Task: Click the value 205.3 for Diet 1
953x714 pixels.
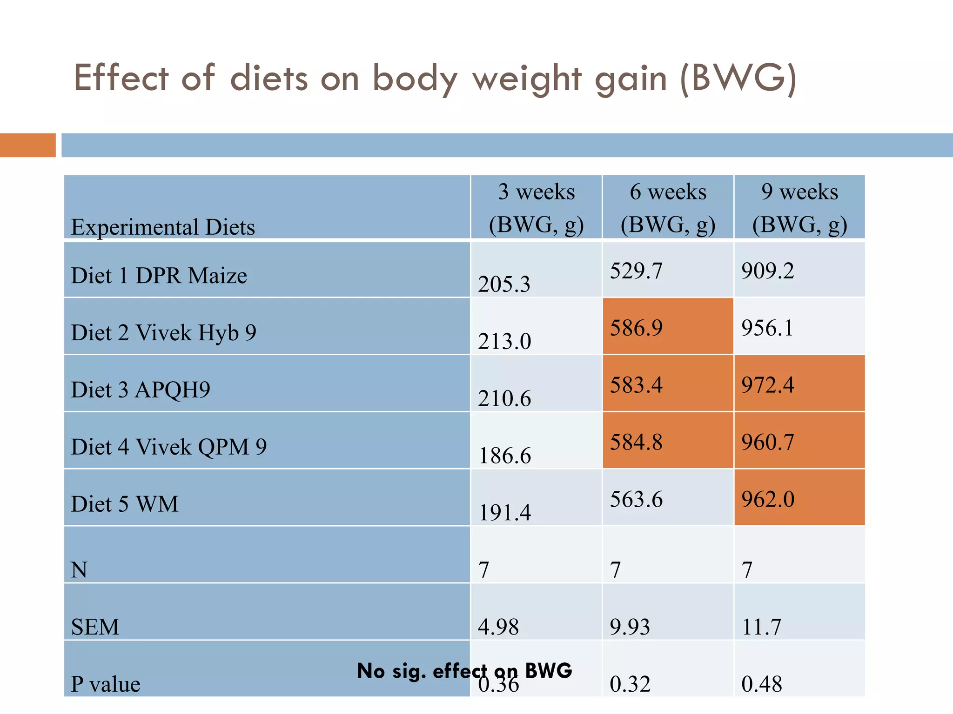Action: pyautogui.click(x=504, y=284)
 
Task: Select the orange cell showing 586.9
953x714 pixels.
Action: pyautogui.click(x=636, y=328)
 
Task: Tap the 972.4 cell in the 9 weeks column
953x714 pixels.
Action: pyautogui.click(x=768, y=385)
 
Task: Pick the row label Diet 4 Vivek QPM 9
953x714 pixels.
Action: pyautogui.click(x=169, y=447)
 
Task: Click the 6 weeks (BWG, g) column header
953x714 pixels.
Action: pyautogui.click(x=668, y=208)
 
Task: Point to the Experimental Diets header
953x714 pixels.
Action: pyautogui.click(x=163, y=227)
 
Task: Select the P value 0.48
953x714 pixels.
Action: pyautogui.click(x=762, y=684)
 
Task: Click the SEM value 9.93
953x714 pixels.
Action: pyautogui.click(x=630, y=627)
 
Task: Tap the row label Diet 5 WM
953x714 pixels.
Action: pyautogui.click(x=125, y=504)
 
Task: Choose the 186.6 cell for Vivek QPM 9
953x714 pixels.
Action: pyautogui.click(x=505, y=456)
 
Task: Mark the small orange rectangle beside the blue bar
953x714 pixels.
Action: pyautogui.click(x=27, y=145)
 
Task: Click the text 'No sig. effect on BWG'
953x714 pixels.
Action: pyautogui.click(x=464, y=670)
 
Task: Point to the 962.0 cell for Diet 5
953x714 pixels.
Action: pyautogui.click(x=768, y=499)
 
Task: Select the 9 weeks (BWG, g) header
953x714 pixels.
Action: pyautogui.click(x=799, y=208)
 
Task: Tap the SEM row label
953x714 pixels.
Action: pyautogui.click(x=95, y=627)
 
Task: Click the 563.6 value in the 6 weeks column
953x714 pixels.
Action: pyautogui.click(x=636, y=499)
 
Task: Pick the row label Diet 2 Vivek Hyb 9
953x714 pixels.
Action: pyautogui.click(x=163, y=332)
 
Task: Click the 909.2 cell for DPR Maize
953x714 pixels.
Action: pyautogui.click(x=768, y=271)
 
